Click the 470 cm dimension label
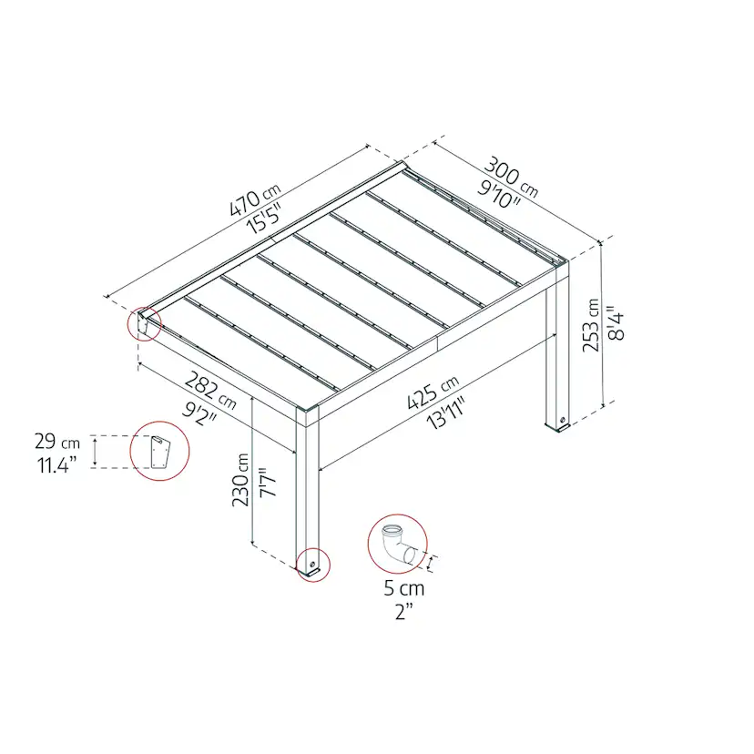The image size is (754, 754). pyautogui.click(x=254, y=199)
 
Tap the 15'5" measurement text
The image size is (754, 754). pyautogui.click(x=263, y=219)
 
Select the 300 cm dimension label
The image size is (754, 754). pyautogui.click(x=511, y=177)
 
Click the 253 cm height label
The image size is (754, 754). pyautogui.click(x=591, y=325)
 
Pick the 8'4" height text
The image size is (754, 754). pyautogui.click(x=616, y=322)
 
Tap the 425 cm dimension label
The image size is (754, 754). pyautogui.click(x=433, y=392)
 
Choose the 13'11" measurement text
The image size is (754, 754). pyautogui.click(x=446, y=413)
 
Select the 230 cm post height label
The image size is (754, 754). pyautogui.click(x=240, y=479)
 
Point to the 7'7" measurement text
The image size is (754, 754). pyautogui.click(x=268, y=483)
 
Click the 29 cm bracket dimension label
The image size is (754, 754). pyautogui.click(x=57, y=442)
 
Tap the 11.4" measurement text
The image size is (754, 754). pyautogui.click(x=57, y=465)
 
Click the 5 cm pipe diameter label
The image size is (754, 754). pyautogui.click(x=404, y=588)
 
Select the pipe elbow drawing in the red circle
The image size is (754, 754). pyautogui.click(x=398, y=544)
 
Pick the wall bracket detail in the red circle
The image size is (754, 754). pyautogui.click(x=159, y=452)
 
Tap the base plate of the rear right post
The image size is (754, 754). pyautogui.click(x=558, y=427)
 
